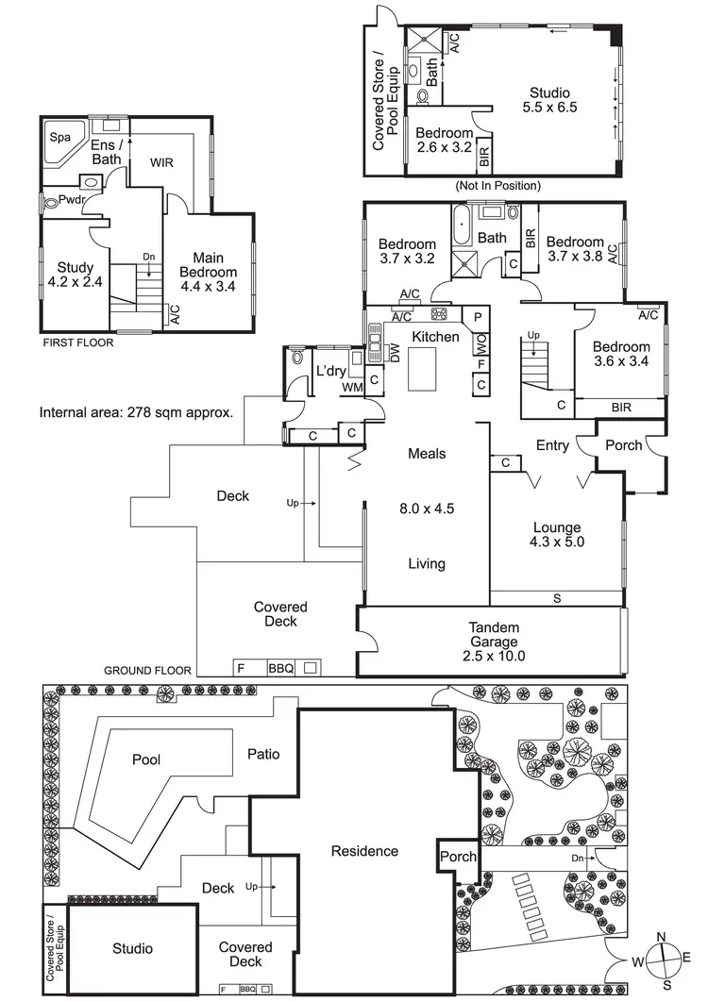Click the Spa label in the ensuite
(60, 137)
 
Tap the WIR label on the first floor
(161, 163)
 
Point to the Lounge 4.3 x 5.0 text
(557, 535)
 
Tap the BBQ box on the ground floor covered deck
(281, 668)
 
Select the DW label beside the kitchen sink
(395, 353)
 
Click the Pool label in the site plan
(146, 759)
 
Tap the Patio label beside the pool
(263, 754)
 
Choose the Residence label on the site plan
(365, 851)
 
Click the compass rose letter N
(662, 937)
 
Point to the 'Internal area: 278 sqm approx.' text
(136, 412)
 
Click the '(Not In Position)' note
(497, 186)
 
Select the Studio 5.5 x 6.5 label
(549, 100)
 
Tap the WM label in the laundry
(353, 388)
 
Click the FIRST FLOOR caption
(78, 342)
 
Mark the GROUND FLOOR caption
(147, 670)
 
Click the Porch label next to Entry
(624, 445)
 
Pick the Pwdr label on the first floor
(72, 199)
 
